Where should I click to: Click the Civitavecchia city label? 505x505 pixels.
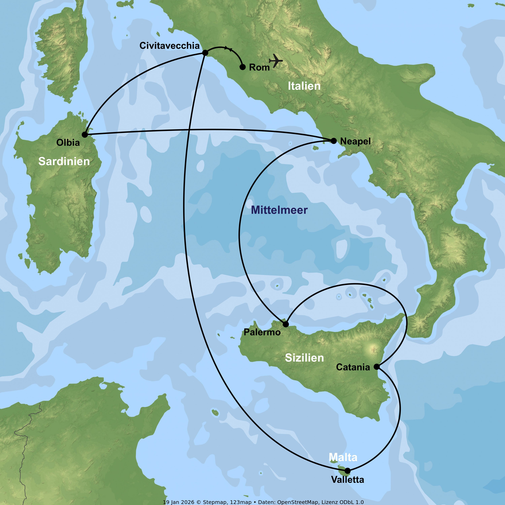click(169, 45)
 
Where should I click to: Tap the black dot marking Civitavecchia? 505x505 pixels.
click(205, 53)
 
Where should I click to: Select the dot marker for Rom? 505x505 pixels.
click(243, 67)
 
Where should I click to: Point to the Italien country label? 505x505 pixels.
click(304, 86)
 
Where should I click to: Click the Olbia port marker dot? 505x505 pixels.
click(85, 135)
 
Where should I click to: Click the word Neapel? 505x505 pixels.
click(355, 141)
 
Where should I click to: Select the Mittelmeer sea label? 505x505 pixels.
click(279, 210)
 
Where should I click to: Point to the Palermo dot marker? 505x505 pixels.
click(286, 324)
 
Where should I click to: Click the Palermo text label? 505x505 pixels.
click(262, 332)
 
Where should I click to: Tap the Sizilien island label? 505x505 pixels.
click(304, 358)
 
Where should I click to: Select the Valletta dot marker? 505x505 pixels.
click(347, 471)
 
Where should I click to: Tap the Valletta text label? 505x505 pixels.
click(347, 480)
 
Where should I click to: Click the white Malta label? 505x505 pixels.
click(343, 457)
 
